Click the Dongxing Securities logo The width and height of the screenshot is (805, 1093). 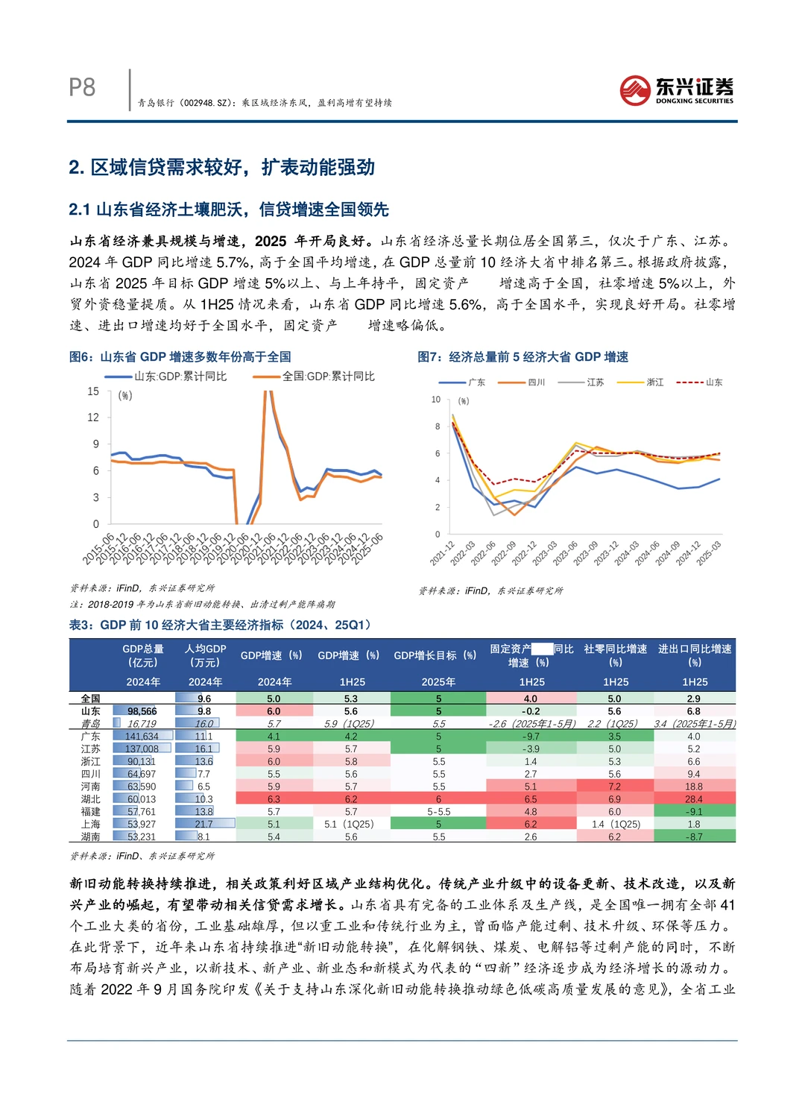[x=676, y=90]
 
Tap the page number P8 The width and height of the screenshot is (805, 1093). [x=82, y=88]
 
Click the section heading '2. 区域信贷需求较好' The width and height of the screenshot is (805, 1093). [x=221, y=167]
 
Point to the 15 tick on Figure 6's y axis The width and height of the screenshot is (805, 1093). [x=93, y=391]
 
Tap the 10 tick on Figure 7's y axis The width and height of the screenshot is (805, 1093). [x=436, y=400]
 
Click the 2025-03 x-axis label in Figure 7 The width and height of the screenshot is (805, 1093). [x=709, y=553]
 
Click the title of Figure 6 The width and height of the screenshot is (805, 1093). [x=180, y=357]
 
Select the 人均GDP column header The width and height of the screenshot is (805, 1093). [x=205, y=655]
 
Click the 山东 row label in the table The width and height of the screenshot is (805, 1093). [x=91, y=711]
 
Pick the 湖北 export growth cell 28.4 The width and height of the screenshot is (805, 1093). [x=694, y=799]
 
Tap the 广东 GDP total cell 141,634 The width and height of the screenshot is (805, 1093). [x=142, y=737]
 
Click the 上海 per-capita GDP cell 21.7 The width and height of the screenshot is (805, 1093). [x=203, y=824]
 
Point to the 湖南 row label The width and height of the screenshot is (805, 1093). [x=91, y=837]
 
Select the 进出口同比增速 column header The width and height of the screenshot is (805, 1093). [x=695, y=655]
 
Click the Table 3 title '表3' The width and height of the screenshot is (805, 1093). [x=220, y=625]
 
